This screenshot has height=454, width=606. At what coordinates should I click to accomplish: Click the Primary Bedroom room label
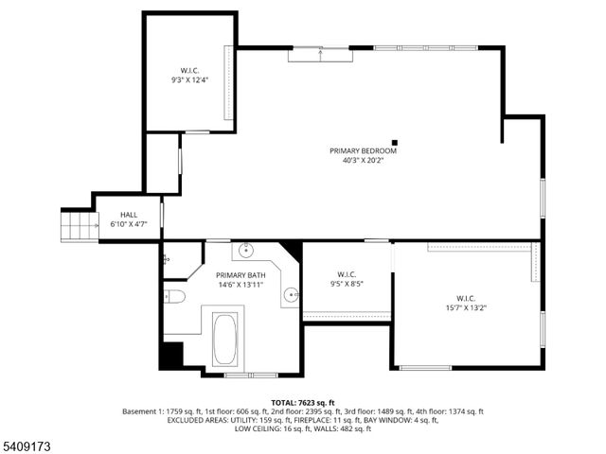[x=363, y=150]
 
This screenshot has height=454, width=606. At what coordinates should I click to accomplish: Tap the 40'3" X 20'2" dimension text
[x=363, y=160]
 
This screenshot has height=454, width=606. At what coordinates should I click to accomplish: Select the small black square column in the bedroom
[x=395, y=142]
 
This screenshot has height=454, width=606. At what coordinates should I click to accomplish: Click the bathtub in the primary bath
[x=225, y=339]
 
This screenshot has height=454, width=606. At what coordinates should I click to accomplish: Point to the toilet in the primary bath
[x=174, y=297]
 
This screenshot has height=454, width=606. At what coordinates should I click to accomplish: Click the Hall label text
[x=129, y=215]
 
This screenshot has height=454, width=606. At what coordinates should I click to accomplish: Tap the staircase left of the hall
[x=80, y=225]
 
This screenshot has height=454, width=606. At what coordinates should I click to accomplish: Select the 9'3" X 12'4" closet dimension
[x=189, y=80]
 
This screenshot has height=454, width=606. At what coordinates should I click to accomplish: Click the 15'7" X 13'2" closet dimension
[x=465, y=307]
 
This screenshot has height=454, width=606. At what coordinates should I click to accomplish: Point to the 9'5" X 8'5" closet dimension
[x=347, y=283]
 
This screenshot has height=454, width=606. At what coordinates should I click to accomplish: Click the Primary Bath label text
[x=241, y=274]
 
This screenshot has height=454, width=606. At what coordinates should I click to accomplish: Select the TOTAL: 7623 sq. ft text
[x=303, y=402]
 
